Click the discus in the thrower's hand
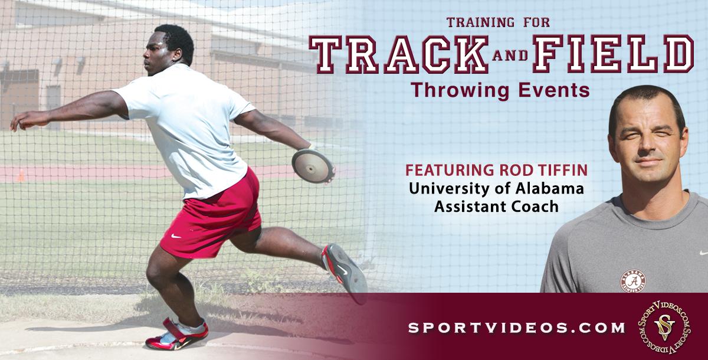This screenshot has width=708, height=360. [x=313, y=166]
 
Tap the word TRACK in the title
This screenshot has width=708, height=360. [x=399, y=54]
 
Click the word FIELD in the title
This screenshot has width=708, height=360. [x=613, y=54]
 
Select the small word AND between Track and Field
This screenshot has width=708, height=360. [x=510, y=55]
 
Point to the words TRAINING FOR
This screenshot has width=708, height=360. [x=498, y=22]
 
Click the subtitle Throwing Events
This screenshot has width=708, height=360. [x=500, y=90]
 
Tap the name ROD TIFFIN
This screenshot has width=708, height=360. [x=543, y=170]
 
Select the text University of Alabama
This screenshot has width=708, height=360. [x=496, y=189]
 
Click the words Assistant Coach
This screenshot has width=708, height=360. [x=496, y=207]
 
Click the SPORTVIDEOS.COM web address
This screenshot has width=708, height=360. [x=516, y=328]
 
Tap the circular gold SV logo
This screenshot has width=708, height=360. [x=664, y=328]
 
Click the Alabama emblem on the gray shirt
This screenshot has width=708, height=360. [x=632, y=281]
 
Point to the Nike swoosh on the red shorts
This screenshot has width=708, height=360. [x=176, y=236]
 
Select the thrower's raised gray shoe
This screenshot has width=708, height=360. [x=345, y=271]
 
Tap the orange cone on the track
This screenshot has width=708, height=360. [x=21, y=176]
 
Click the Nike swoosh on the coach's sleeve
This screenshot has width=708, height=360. [x=704, y=253]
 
